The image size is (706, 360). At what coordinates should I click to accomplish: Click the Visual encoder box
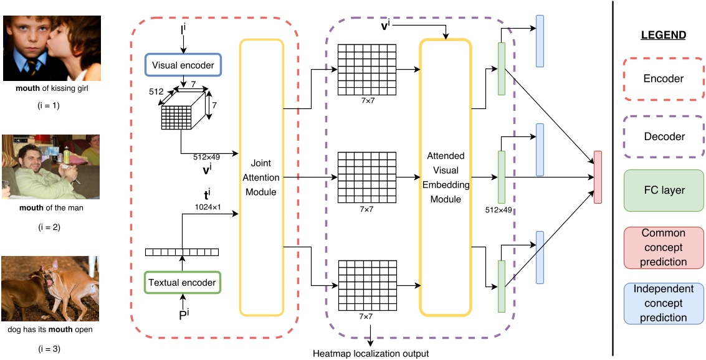[183, 64]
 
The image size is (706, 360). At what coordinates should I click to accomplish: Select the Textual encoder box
[183, 282]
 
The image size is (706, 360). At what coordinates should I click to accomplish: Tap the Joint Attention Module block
[262, 176]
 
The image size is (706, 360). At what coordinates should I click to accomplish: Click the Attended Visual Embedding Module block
[444, 176]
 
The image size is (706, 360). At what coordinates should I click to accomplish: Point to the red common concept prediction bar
[598, 177]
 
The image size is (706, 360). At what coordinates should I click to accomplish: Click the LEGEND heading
[663, 36]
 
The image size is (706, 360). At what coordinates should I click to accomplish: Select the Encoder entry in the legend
[663, 79]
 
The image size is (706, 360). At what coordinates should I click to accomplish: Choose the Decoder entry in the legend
[663, 136]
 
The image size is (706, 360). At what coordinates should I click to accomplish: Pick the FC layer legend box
[663, 190]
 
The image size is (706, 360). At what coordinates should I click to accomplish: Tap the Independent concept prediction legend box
[663, 303]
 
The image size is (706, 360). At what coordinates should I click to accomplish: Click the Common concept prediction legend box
[663, 247]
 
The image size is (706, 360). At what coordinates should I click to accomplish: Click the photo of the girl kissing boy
[52, 48]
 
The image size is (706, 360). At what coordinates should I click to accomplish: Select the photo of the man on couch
[50, 166]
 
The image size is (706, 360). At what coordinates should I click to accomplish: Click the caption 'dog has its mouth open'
[50, 329]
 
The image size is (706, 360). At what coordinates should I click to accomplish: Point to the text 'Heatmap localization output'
[371, 354]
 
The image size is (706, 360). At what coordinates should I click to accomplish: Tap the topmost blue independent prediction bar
[540, 40]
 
